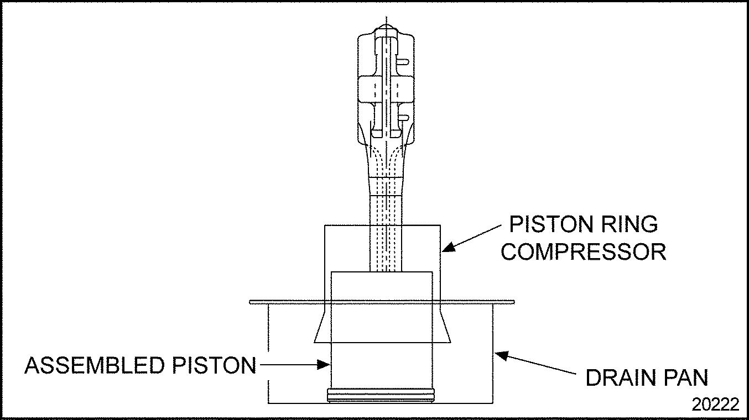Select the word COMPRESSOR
click(584, 252)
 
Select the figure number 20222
click(715, 405)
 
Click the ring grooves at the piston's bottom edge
click(382, 395)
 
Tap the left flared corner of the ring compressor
click(315, 340)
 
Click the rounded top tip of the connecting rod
click(386, 27)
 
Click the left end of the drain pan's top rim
click(251, 302)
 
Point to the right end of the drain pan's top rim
click(514, 302)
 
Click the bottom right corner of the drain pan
click(492, 403)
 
